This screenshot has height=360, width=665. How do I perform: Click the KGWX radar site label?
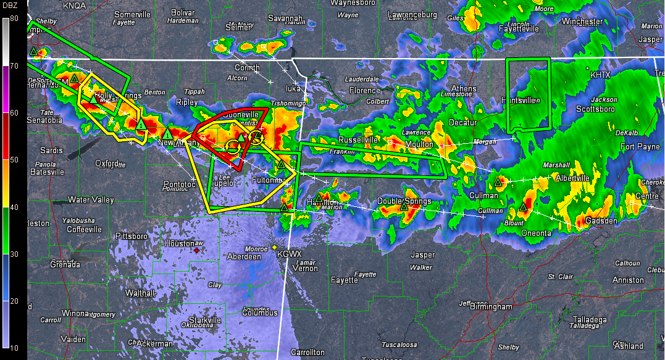(x=289, y=254)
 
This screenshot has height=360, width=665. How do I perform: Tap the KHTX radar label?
(x=600, y=75)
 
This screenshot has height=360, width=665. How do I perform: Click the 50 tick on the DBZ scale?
(x=14, y=160)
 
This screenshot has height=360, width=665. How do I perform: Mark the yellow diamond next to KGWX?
(x=275, y=248)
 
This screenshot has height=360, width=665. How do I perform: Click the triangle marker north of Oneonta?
(x=524, y=207)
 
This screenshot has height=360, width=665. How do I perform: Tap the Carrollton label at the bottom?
(x=308, y=352)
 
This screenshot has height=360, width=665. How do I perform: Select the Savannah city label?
(x=285, y=19)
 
